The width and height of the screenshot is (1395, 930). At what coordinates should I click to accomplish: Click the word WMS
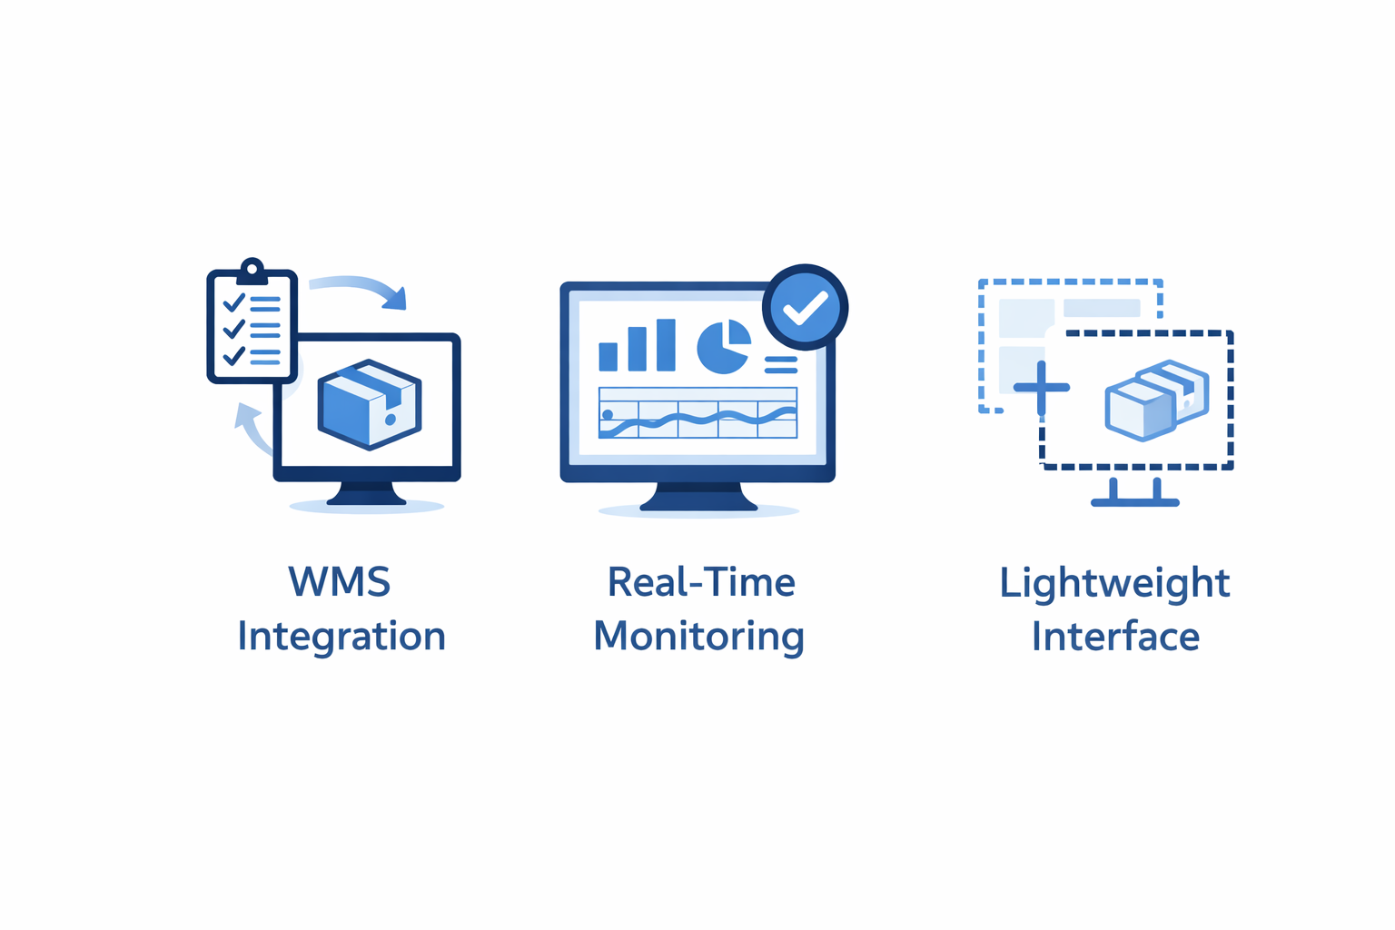click(340, 581)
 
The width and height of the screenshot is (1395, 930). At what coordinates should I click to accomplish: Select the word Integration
click(341, 637)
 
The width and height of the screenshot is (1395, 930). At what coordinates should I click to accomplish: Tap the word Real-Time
click(701, 582)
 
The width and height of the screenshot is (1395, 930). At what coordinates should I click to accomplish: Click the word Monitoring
click(698, 637)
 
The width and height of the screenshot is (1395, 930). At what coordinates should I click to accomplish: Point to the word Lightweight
click(1114, 583)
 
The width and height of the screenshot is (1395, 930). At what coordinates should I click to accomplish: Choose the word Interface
click(1115, 636)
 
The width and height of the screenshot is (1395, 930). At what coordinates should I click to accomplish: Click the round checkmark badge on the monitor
click(806, 307)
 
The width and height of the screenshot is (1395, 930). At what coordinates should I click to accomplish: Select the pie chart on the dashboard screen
click(724, 346)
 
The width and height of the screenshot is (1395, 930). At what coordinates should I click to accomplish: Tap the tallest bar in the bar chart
click(666, 345)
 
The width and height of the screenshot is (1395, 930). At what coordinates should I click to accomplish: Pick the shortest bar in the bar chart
click(608, 357)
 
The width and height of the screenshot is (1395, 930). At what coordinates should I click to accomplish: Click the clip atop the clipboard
click(252, 272)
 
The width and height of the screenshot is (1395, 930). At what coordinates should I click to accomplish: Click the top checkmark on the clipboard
click(234, 302)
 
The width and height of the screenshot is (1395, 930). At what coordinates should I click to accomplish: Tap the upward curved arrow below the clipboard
click(252, 429)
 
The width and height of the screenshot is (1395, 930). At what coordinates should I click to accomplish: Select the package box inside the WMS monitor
click(370, 404)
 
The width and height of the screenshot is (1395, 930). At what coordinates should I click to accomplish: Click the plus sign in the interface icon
click(1042, 388)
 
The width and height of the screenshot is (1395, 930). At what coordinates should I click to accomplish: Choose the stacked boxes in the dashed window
click(1157, 401)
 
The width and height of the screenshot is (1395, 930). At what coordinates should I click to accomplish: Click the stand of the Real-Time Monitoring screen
click(698, 497)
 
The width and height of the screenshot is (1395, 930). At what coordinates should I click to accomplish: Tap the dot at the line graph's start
click(608, 414)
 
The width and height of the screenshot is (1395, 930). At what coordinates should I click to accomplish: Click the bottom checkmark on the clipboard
click(234, 356)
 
